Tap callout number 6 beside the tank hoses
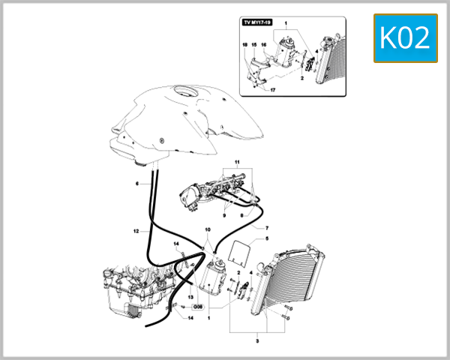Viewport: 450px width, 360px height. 137,183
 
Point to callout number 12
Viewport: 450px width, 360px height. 137,231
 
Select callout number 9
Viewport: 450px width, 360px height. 202,216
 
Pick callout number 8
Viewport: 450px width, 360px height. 241,216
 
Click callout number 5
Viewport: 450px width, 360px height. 266,239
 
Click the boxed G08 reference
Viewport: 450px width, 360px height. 198,307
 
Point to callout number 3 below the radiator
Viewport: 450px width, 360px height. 257,341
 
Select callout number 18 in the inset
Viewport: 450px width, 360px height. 244,45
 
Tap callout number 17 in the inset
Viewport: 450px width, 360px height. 273,90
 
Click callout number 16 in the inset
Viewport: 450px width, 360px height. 264,45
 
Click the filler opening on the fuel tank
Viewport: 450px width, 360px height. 183,94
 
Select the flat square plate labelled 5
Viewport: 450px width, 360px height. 240,250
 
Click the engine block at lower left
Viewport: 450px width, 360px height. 127,289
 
